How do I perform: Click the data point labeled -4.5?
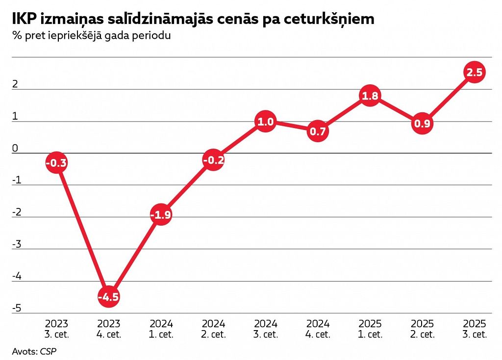(x=109, y=297)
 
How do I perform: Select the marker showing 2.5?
(x=475, y=73)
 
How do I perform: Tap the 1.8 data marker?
(x=370, y=96)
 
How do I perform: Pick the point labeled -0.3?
(x=56, y=163)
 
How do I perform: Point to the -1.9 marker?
(x=161, y=214)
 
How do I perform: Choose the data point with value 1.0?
(x=265, y=122)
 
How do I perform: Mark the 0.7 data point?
(x=318, y=131)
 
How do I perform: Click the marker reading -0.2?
(x=213, y=160)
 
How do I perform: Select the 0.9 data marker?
(x=422, y=124)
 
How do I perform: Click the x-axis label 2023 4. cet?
(x=109, y=329)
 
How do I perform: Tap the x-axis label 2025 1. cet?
(x=370, y=329)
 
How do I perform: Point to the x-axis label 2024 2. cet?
(x=213, y=329)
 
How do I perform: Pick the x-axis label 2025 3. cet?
(x=475, y=329)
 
